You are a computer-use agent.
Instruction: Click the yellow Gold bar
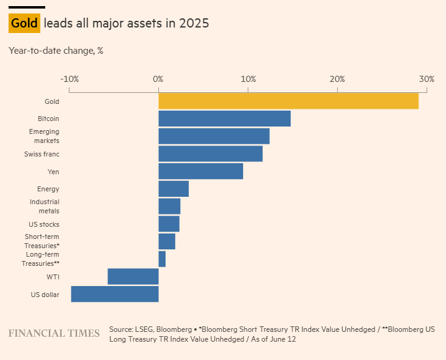pos(288,101)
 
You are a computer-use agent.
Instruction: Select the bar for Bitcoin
pos(224,119)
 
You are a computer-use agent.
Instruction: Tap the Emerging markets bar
pos(214,136)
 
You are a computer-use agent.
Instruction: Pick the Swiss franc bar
pos(210,154)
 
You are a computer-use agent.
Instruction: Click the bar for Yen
pos(200,172)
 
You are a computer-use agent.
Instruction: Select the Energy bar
pos(174,189)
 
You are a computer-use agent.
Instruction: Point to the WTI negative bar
pos(133,277)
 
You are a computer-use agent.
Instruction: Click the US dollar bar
pos(115,294)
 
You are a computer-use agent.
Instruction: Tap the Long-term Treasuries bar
pos(162,259)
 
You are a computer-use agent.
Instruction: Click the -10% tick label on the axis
pos(69,79)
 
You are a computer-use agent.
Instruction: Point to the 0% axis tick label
pos(158,79)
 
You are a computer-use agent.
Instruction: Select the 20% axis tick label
pos(337,79)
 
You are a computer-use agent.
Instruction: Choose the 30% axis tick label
pos(426,79)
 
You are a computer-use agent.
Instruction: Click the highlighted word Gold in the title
pos(24,24)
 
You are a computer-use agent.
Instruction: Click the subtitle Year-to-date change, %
pos(56,50)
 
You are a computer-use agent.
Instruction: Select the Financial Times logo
pos(54,333)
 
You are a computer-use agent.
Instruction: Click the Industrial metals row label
pos(45,207)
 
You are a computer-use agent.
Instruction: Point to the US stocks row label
pos(44,224)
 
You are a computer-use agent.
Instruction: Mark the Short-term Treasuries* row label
pos(42,241)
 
